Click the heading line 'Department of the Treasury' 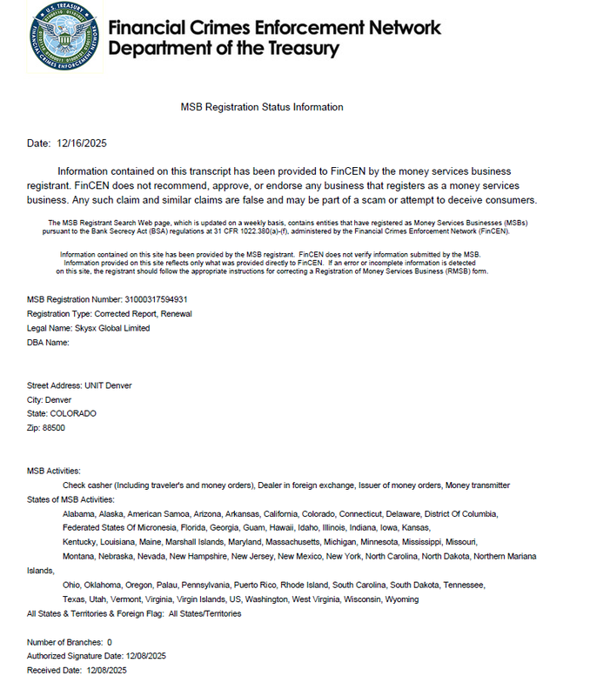pos(223,48)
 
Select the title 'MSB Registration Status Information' pos(261,107)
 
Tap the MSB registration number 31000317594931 pos(156,299)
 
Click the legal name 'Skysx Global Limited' pos(111,328)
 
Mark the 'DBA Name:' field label pos(48,342)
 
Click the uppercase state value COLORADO pos(73,413)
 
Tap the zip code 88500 pos(54,427)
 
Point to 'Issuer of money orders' pos(390,485)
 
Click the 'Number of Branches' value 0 pos(110,642)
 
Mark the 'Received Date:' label pos(55,670)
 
